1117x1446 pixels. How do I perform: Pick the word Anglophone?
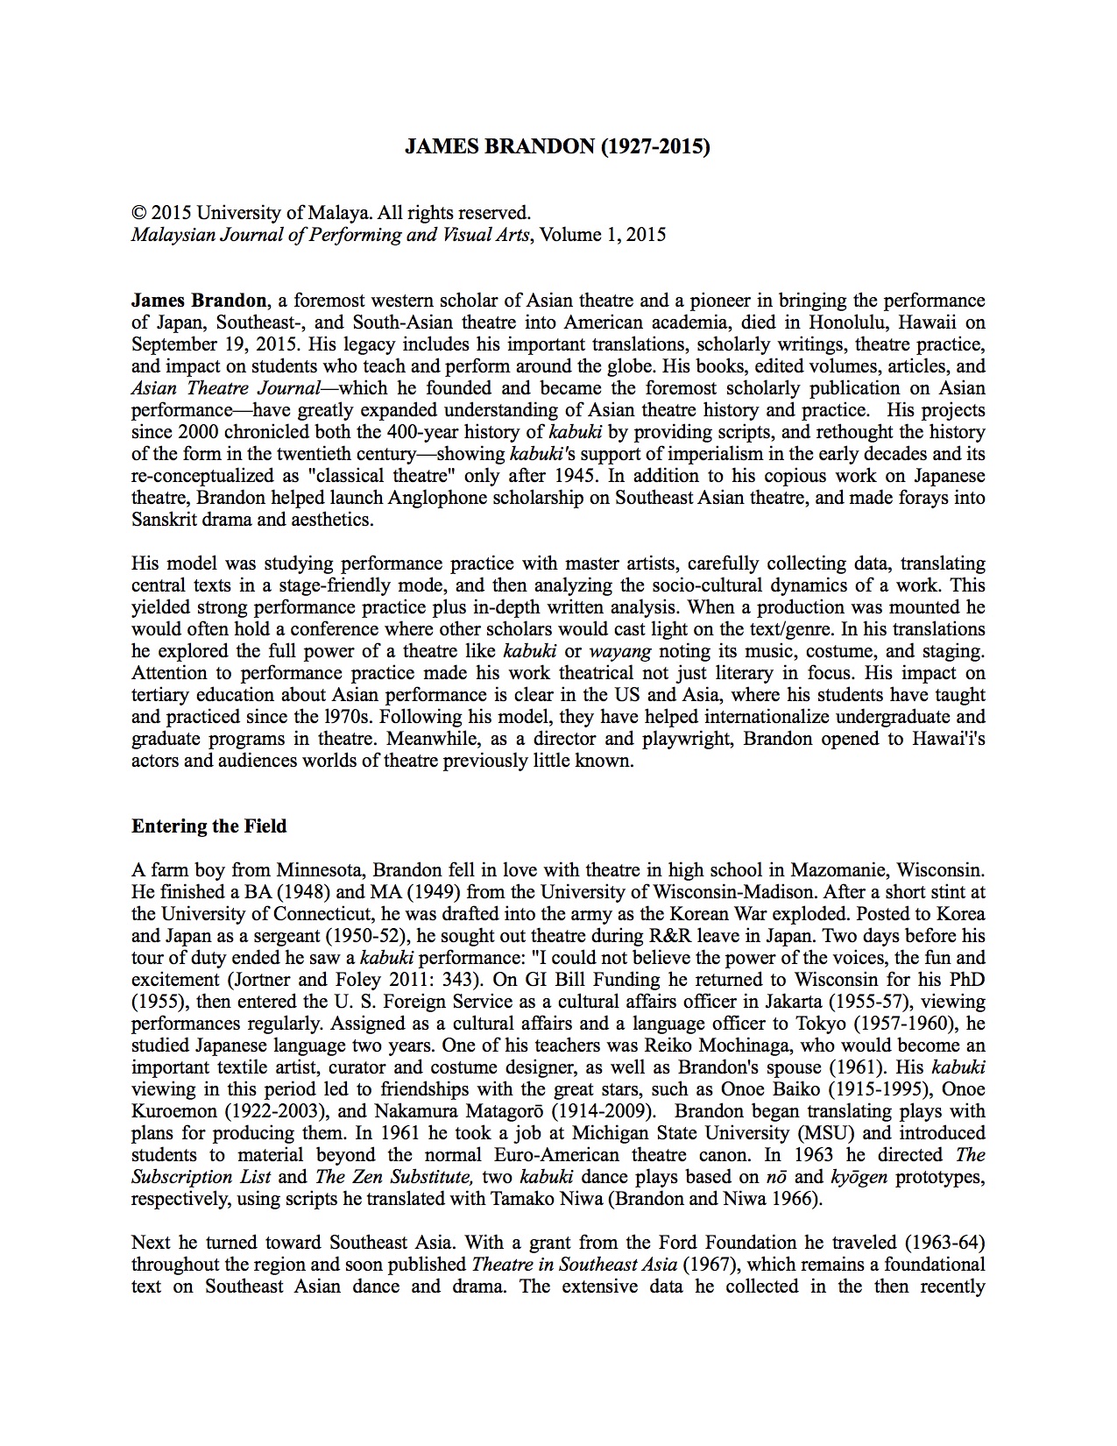pos(405,498)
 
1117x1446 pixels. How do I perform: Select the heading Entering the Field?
pos(209,826)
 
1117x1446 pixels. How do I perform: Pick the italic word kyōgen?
pos(858,1177)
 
